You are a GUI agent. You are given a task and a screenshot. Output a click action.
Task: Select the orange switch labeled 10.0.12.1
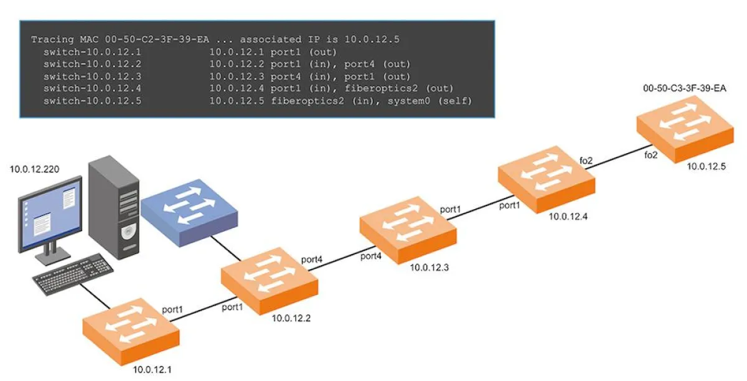coord(131,330)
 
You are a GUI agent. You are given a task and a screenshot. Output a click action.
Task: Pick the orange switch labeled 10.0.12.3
coord(408,230)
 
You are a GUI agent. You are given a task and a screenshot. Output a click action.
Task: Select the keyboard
coord(73,273)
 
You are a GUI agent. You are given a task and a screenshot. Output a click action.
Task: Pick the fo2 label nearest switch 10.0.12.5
coord(651,155)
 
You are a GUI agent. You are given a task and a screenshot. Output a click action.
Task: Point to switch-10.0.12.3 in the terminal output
coord(93,76)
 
